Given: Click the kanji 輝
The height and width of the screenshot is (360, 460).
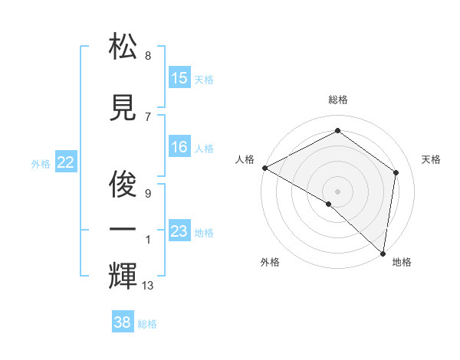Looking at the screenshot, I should [123, 275].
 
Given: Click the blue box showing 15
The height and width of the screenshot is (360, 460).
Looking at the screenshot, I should [179, 78].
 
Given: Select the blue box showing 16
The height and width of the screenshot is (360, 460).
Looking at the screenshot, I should [179, 147].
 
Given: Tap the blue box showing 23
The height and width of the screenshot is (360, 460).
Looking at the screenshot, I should [179, 231].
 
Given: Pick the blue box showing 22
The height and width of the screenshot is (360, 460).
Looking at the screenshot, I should [66, 162].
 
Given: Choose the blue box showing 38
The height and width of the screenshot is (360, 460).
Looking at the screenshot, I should [123, 322].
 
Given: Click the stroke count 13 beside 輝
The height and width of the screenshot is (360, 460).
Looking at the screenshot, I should [149, 286].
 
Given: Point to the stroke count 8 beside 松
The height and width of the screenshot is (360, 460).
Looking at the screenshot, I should [148, 56].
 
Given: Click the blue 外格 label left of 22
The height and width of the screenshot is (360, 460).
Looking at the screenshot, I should [41, 163].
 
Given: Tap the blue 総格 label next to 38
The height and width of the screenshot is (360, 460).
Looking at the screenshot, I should [147, 324].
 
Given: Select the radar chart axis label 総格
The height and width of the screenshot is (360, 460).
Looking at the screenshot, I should [337, 100].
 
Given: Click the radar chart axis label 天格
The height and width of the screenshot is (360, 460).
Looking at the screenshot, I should [432, 159].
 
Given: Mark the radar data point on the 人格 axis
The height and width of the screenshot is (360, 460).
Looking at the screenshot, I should [264, 168].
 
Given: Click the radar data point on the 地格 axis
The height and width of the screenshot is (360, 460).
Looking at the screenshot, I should [383, 254].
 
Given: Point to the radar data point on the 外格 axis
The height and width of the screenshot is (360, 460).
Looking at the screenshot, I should [329, 204].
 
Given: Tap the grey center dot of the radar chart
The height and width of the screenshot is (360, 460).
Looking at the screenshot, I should [337, 191].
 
